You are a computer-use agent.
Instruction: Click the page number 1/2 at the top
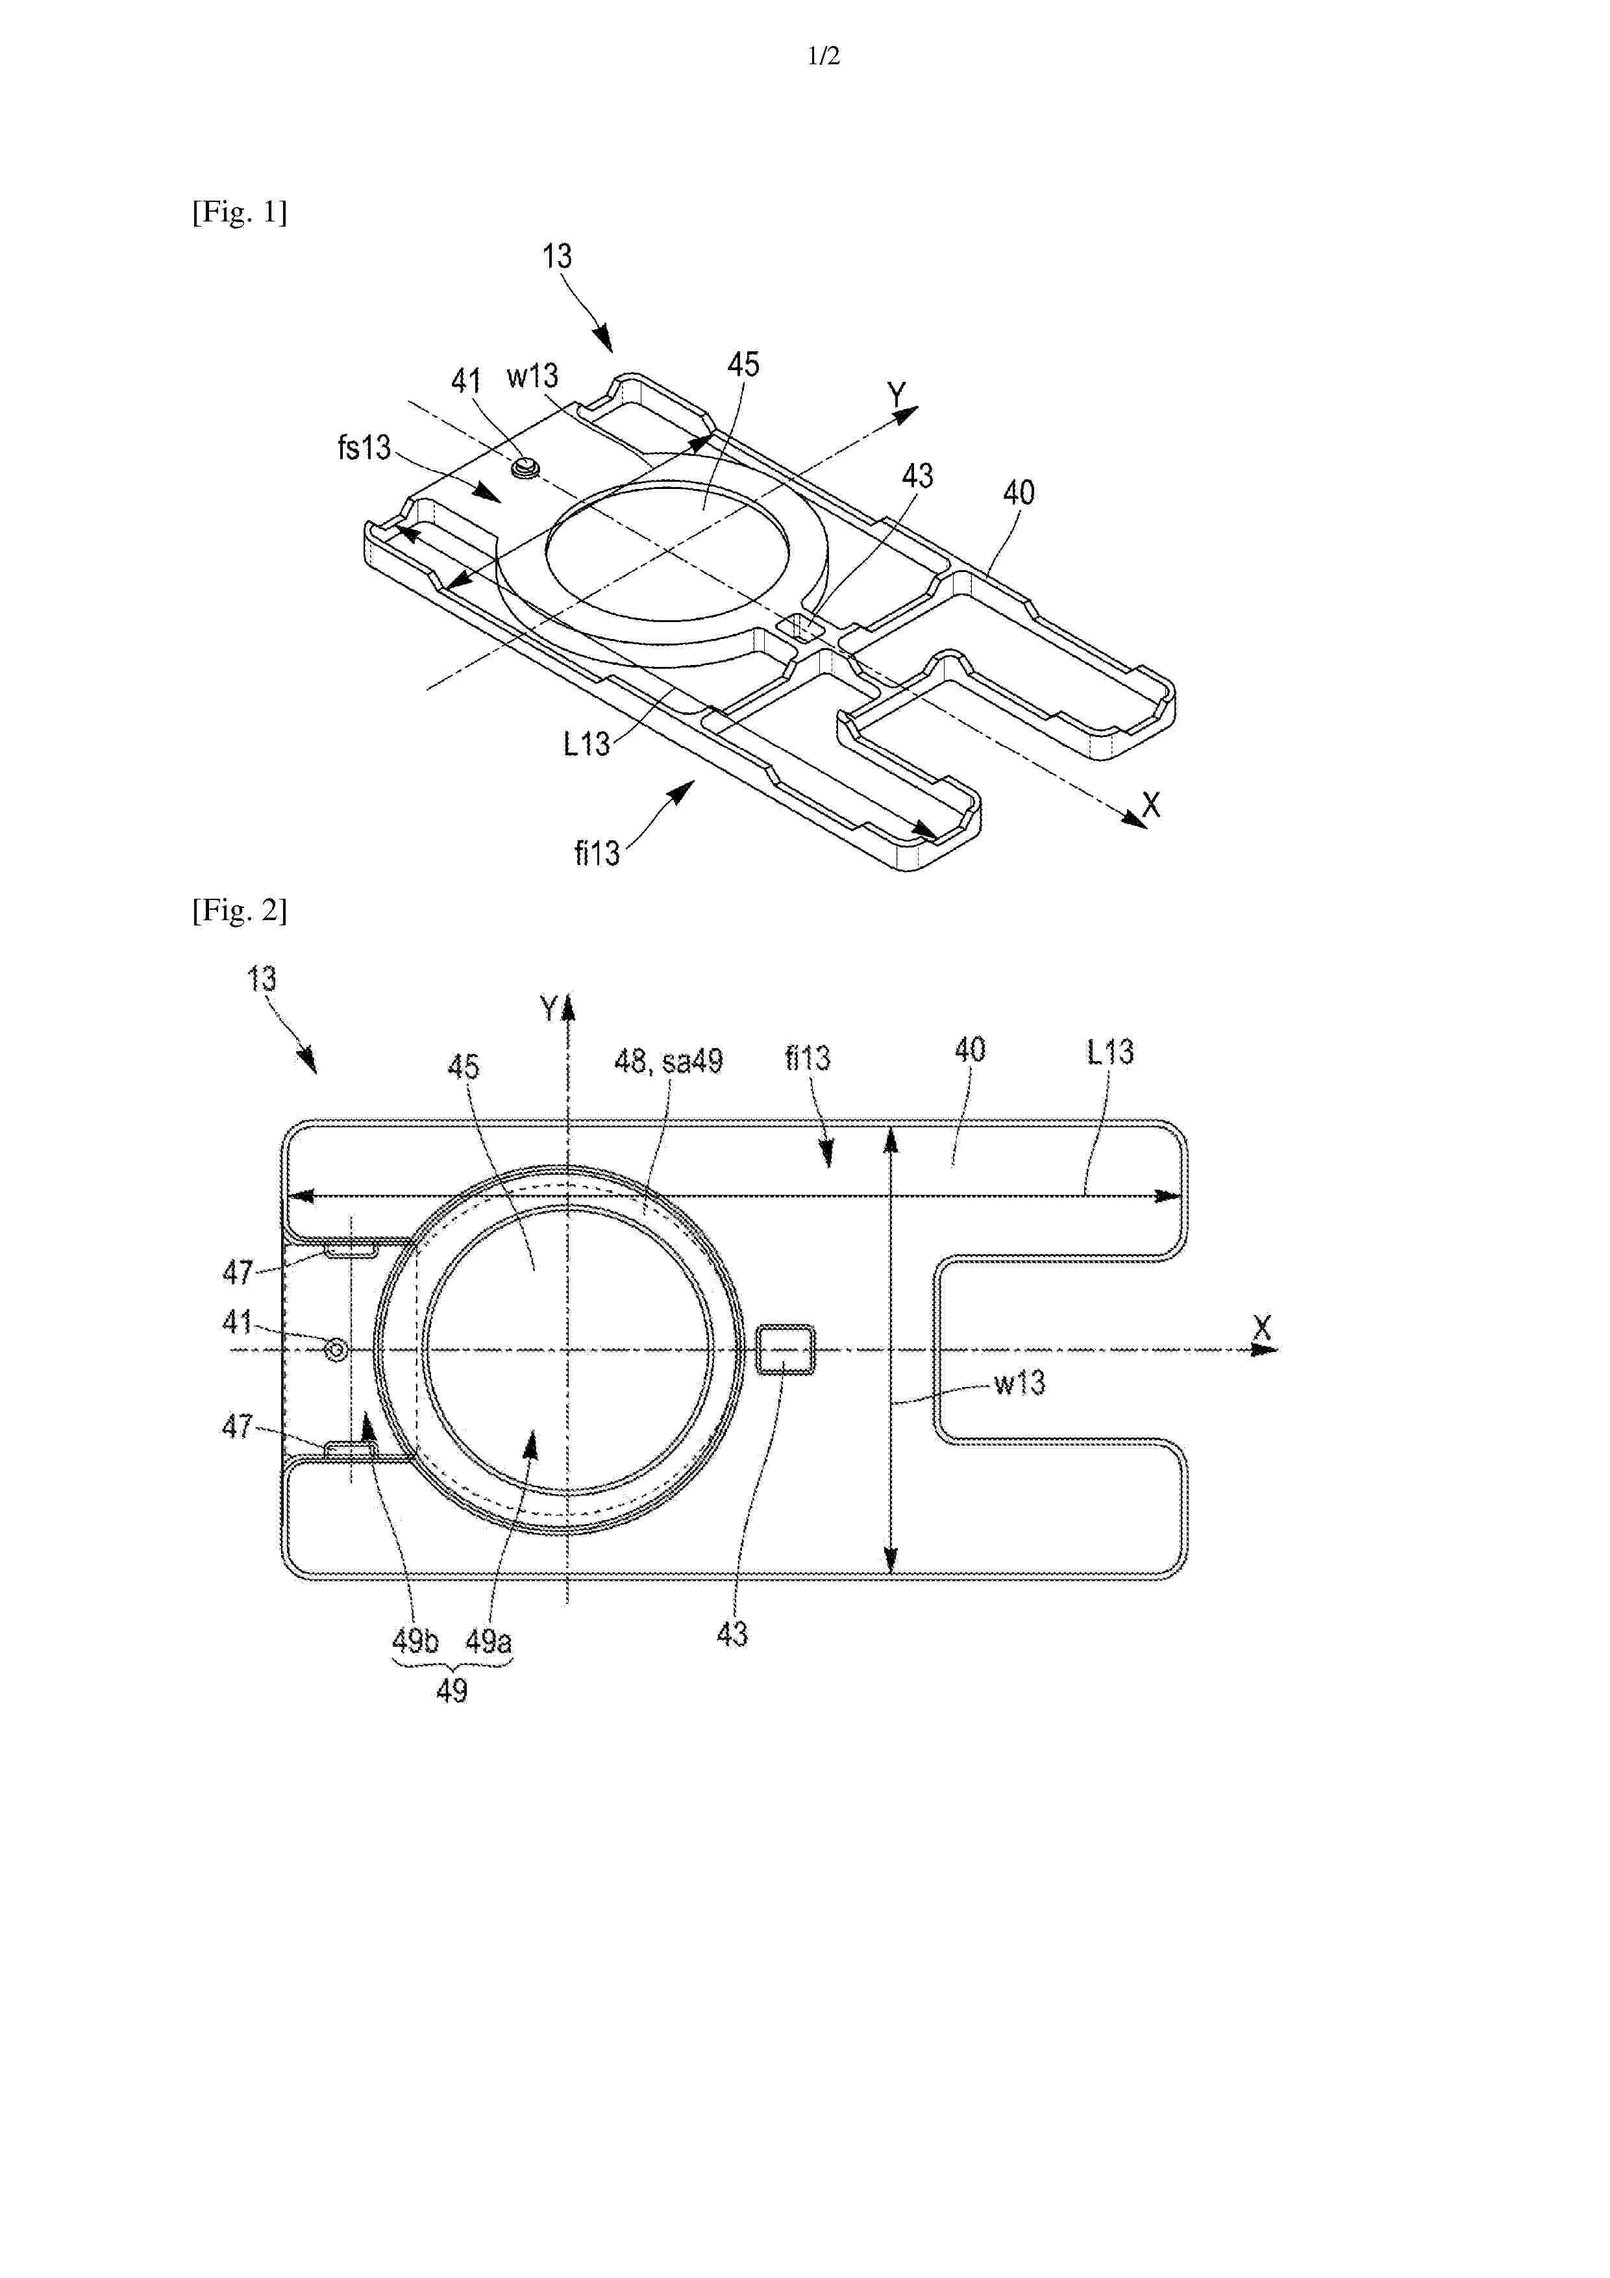(823, 56)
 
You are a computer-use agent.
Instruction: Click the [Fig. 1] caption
(239, 212)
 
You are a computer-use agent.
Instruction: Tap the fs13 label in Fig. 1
(364, 447)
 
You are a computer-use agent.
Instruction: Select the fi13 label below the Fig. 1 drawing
(597, 853)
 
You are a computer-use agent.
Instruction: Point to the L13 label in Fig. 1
(586, 744)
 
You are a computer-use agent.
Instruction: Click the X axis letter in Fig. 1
(1151, 805)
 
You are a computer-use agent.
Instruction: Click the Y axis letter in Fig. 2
(550, 1010)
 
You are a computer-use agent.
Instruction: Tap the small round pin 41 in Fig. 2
(338, 1349)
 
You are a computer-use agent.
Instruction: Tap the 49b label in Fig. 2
(415, 1641)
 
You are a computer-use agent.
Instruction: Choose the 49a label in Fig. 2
(489, 1641)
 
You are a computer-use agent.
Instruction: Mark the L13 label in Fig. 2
(1110, 1052)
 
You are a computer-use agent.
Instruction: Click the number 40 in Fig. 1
(1019, 492)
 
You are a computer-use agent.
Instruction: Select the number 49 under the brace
(452, 1690)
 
